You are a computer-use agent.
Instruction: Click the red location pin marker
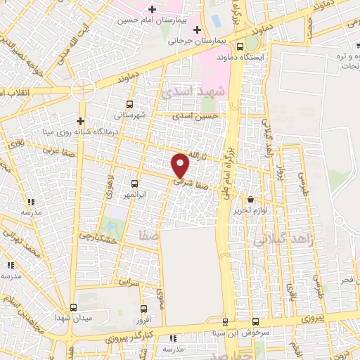point(181,165)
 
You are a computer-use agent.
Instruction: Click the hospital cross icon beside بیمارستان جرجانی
point(197,30)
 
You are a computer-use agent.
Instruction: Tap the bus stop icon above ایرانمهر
point(134,183)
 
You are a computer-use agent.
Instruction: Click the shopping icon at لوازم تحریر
point(251,200)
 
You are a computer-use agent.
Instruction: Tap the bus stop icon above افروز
point(143,308)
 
